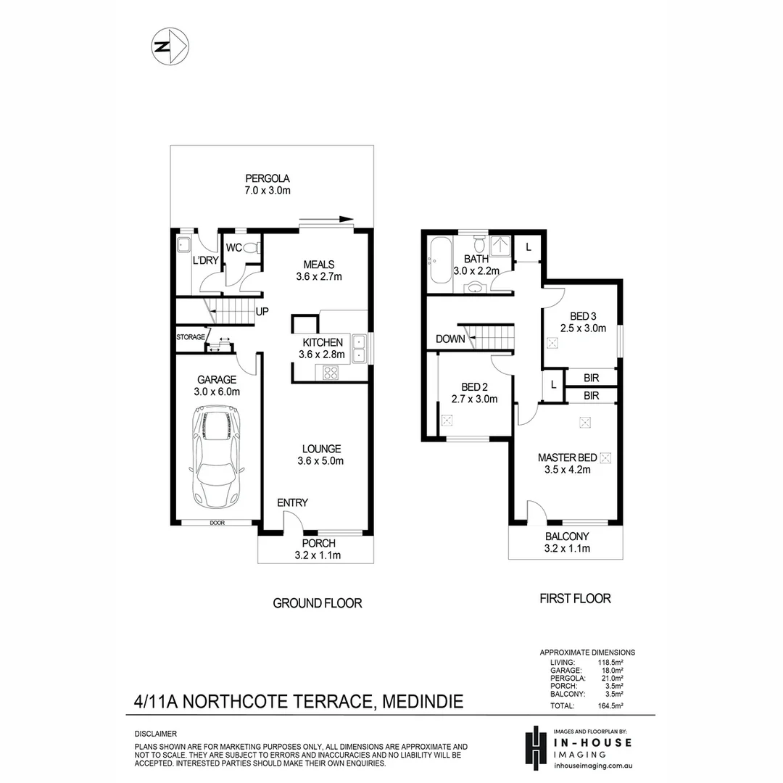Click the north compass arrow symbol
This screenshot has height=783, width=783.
pyautogui.click(x=171, y=46)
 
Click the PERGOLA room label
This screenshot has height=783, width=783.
pyautogui.click(x=268, y=178)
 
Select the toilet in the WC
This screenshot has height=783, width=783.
pyautogui.click(x=250, y=248)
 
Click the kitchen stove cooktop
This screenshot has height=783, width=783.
pyautogui.click(x=331, y=373)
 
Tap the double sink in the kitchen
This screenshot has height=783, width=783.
pyautogui.click(x=358, y=347)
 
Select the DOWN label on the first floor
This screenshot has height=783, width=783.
pyautogui.click(x=450, y=339)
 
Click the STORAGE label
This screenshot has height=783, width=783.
pyautogui.click(x=191, y=337)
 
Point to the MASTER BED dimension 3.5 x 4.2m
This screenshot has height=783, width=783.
pyautogui.click(x=567, y=469)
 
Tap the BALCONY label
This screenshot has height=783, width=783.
pyautogui.click(x=567, y=536)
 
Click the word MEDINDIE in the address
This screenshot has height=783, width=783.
pyautogui.click(x=422, y=702)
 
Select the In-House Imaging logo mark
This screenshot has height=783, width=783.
pyautogui.click(x=535, y=748)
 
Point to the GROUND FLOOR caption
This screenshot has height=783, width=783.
pyautogui.click(x=317, y=603)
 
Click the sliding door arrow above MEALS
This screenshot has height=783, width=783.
pyautogui.click(x=326, y=219)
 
